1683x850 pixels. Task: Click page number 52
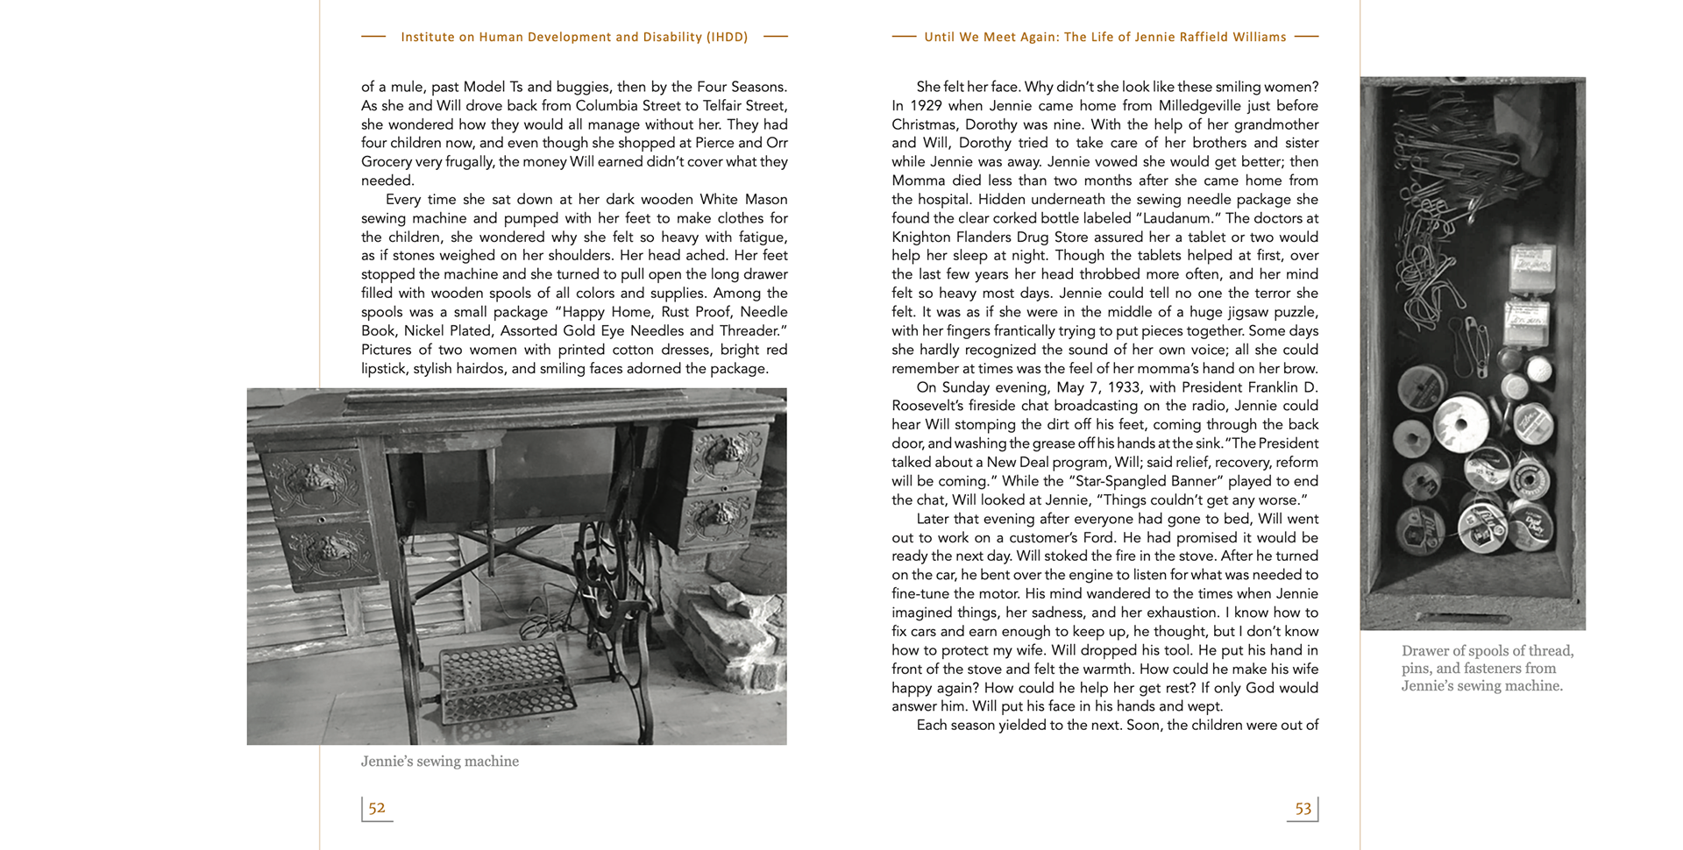click(377, 808)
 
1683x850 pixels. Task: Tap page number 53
click(1303, 809)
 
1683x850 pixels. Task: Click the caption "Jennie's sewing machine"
click(440, 761)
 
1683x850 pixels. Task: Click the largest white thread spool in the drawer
click(1460, 424)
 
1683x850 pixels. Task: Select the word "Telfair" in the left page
click(722, 106)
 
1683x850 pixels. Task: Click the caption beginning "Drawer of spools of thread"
click(1487, 668)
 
